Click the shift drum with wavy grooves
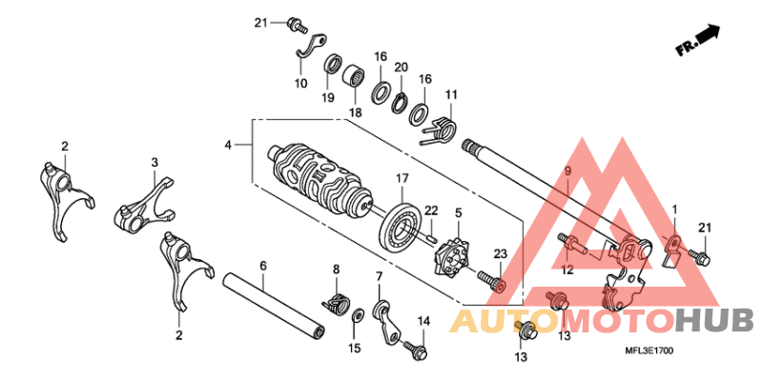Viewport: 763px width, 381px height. [320, 176]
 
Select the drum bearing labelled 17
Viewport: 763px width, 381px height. [401, 226]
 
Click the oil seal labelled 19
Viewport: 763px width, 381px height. [333, 66]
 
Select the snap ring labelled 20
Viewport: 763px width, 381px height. [399, 103]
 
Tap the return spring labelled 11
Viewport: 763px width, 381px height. [441, 130]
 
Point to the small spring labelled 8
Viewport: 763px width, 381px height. [335, 304]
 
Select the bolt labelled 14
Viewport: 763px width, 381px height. [415, 350]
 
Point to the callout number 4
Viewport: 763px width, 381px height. [228, 145]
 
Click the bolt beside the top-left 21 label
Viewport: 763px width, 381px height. [297, 25]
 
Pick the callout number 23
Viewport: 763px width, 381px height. [500, 253]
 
